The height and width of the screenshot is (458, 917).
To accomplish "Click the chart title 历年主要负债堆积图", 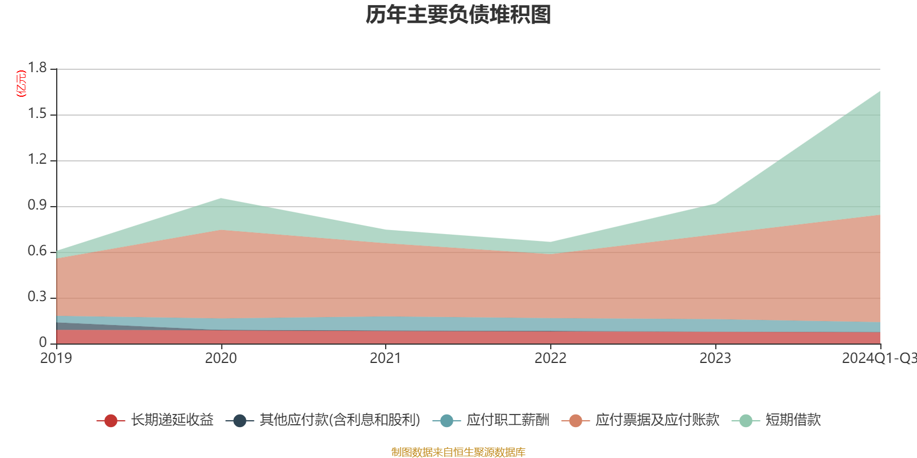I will [x=458, y=15].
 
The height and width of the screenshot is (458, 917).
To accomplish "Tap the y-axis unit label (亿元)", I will [x=21, y=84].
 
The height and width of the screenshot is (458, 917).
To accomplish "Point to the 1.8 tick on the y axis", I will [x=38, y=68].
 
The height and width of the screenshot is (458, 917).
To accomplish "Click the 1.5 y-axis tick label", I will [x=38, y=114].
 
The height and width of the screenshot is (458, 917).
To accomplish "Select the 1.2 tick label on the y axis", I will [x=38, y=160].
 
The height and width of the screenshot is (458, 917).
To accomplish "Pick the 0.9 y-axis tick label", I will [x=38, y=206].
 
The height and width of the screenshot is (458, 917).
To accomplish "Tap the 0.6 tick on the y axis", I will [x=38, y=251].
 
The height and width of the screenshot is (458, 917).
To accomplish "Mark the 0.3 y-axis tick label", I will [x=38, y=297].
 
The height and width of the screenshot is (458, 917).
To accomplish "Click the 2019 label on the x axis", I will [x=56, y=358].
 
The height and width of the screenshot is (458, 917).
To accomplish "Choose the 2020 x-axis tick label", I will [x=221, y=358].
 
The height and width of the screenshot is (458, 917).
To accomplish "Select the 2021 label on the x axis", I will [x=385, y=358].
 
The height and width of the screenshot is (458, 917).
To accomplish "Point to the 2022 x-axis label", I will [x=550, y=358].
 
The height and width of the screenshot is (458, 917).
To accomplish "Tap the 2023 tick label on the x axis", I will [x=715, y=358].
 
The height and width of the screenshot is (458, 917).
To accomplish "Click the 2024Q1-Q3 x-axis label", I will [x=879, y=358].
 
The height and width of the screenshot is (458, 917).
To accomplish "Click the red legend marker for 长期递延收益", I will [x=111, y=421].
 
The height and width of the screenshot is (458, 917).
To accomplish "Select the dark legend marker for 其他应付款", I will [x=240, y=421].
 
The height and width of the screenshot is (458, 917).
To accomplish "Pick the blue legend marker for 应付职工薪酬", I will [x=446, y=421].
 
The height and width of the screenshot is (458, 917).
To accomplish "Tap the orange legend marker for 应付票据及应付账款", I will [x=575, y=421].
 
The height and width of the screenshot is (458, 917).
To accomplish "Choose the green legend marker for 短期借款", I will [x=746, y=421].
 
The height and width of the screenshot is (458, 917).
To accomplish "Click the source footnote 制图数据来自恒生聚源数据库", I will [x=458, y=452].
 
